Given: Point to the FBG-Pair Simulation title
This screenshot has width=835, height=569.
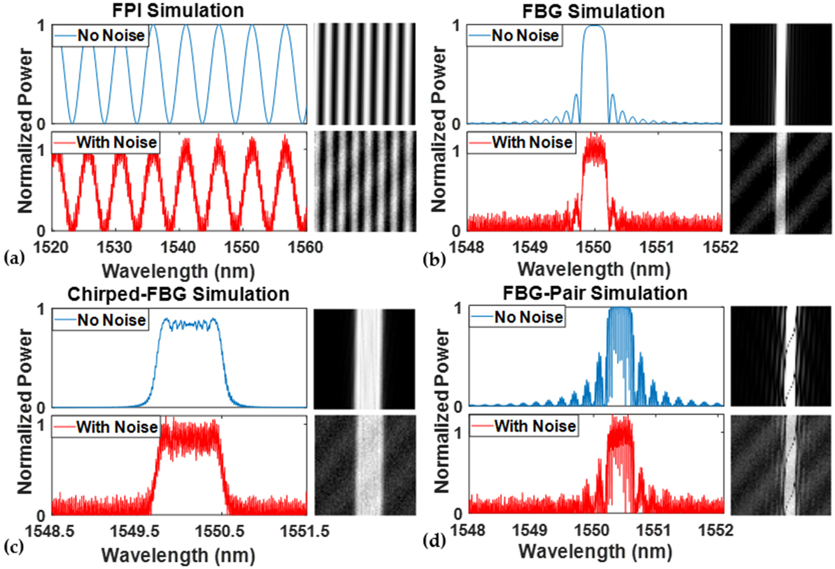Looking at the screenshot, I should pyautogui.click(x=595, y=293).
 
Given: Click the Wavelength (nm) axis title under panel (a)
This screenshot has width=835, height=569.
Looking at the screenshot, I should pyautogui.click(x=178, y=271).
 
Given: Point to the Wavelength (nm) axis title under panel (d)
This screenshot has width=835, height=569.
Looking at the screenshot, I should pyautogui.click(x=595, y=552).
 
